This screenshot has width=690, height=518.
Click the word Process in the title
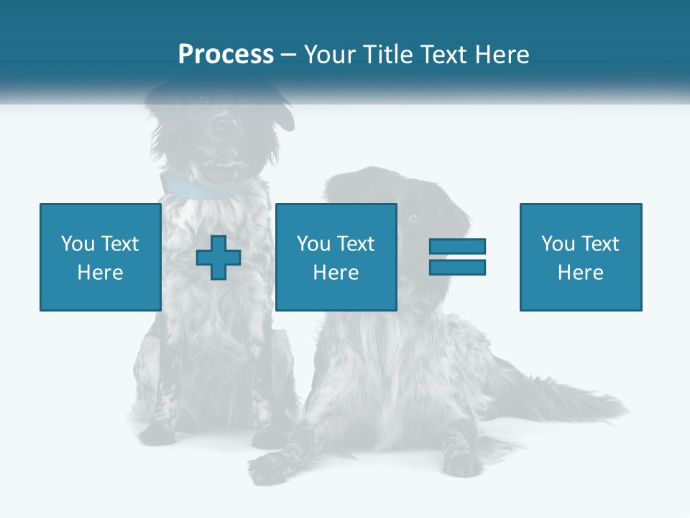pyautogui.click(x=226, y=55)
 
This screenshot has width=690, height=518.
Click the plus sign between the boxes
pyautogui.click(x=218, y=258)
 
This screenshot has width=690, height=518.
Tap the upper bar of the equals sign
pyautogui.click(x=457, y=247)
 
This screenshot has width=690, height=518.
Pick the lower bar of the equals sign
pyautogui.click(x=457, y=267)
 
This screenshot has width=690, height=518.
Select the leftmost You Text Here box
pyautogui.click(x=100, y=257)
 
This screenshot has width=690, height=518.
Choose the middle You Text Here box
pyautogui.click(x=336, y=257)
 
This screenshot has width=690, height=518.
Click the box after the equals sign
pyautogui.click(x=580, y=257)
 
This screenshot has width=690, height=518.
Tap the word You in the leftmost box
pyautogui.click(x=78, y=244)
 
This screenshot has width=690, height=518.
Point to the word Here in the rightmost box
pyautogui.click(x=580, y=273)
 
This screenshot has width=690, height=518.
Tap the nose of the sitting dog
pyautogui.click(x=226, y=124)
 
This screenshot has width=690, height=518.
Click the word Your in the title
pyautogui.click(x=330, y=55)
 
